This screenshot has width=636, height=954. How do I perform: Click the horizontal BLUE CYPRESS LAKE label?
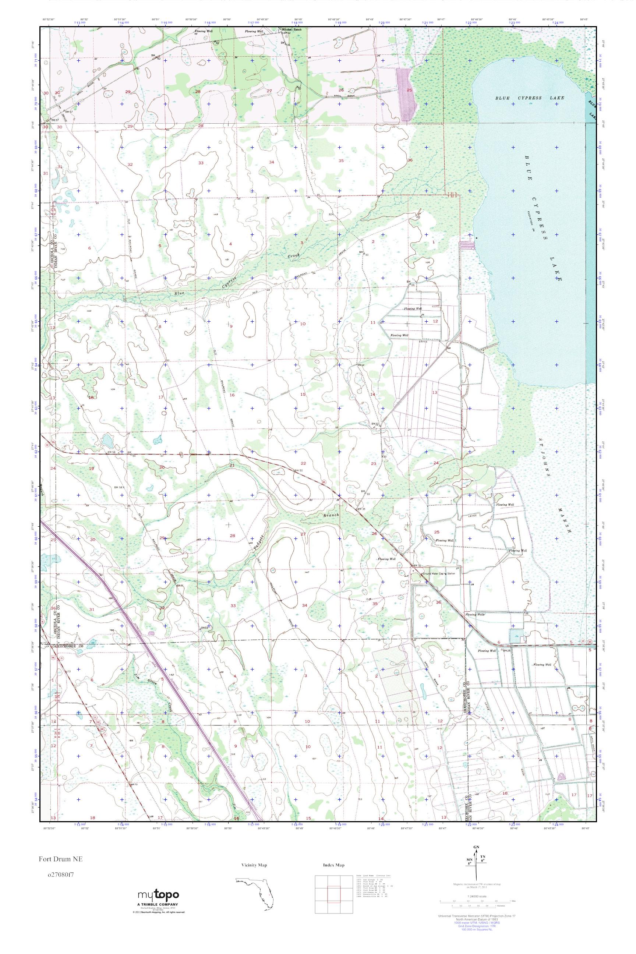tap(529, 98)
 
